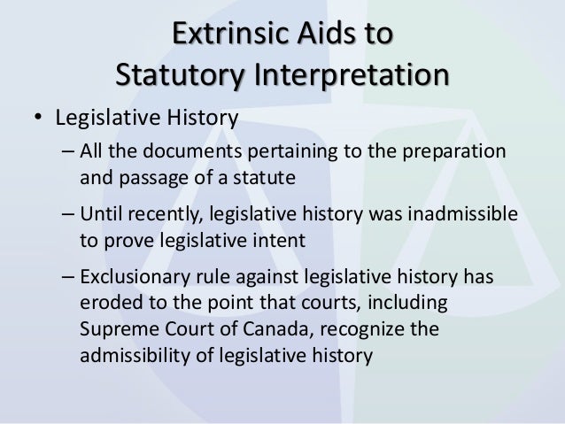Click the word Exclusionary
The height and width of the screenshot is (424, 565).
click(131, 278)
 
